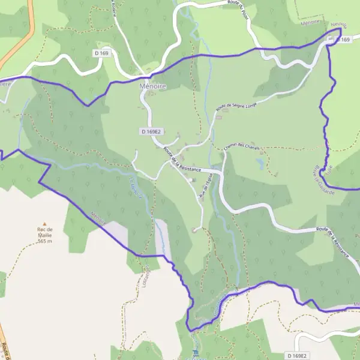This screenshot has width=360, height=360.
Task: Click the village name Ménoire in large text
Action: [152, 86]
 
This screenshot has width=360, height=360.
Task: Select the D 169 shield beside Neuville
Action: [342, 39]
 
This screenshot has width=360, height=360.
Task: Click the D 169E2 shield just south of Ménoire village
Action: [152, 131]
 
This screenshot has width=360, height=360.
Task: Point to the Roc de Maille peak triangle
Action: [44, 223]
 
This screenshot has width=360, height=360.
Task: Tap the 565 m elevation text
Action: [44, 241]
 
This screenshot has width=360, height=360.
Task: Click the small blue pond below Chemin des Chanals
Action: [260, 162]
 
